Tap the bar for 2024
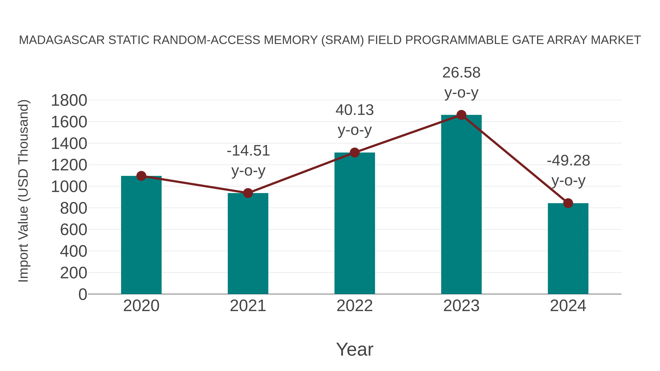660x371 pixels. pos(568,248)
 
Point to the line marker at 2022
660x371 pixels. pos(355,153)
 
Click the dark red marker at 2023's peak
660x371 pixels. pos(461,115)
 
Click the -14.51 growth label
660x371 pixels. pos(248,151)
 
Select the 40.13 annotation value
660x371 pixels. pos(355,110)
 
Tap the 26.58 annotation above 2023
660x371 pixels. pos(461,73)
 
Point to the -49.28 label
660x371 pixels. pos(568,161)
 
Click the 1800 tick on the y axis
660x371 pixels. pos(69,100)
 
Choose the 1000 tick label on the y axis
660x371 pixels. pos(69,187)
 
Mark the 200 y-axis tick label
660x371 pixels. pos(74,273)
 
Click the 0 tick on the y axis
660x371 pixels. pos(83,294)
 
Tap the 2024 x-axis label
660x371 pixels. pos(568,306)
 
